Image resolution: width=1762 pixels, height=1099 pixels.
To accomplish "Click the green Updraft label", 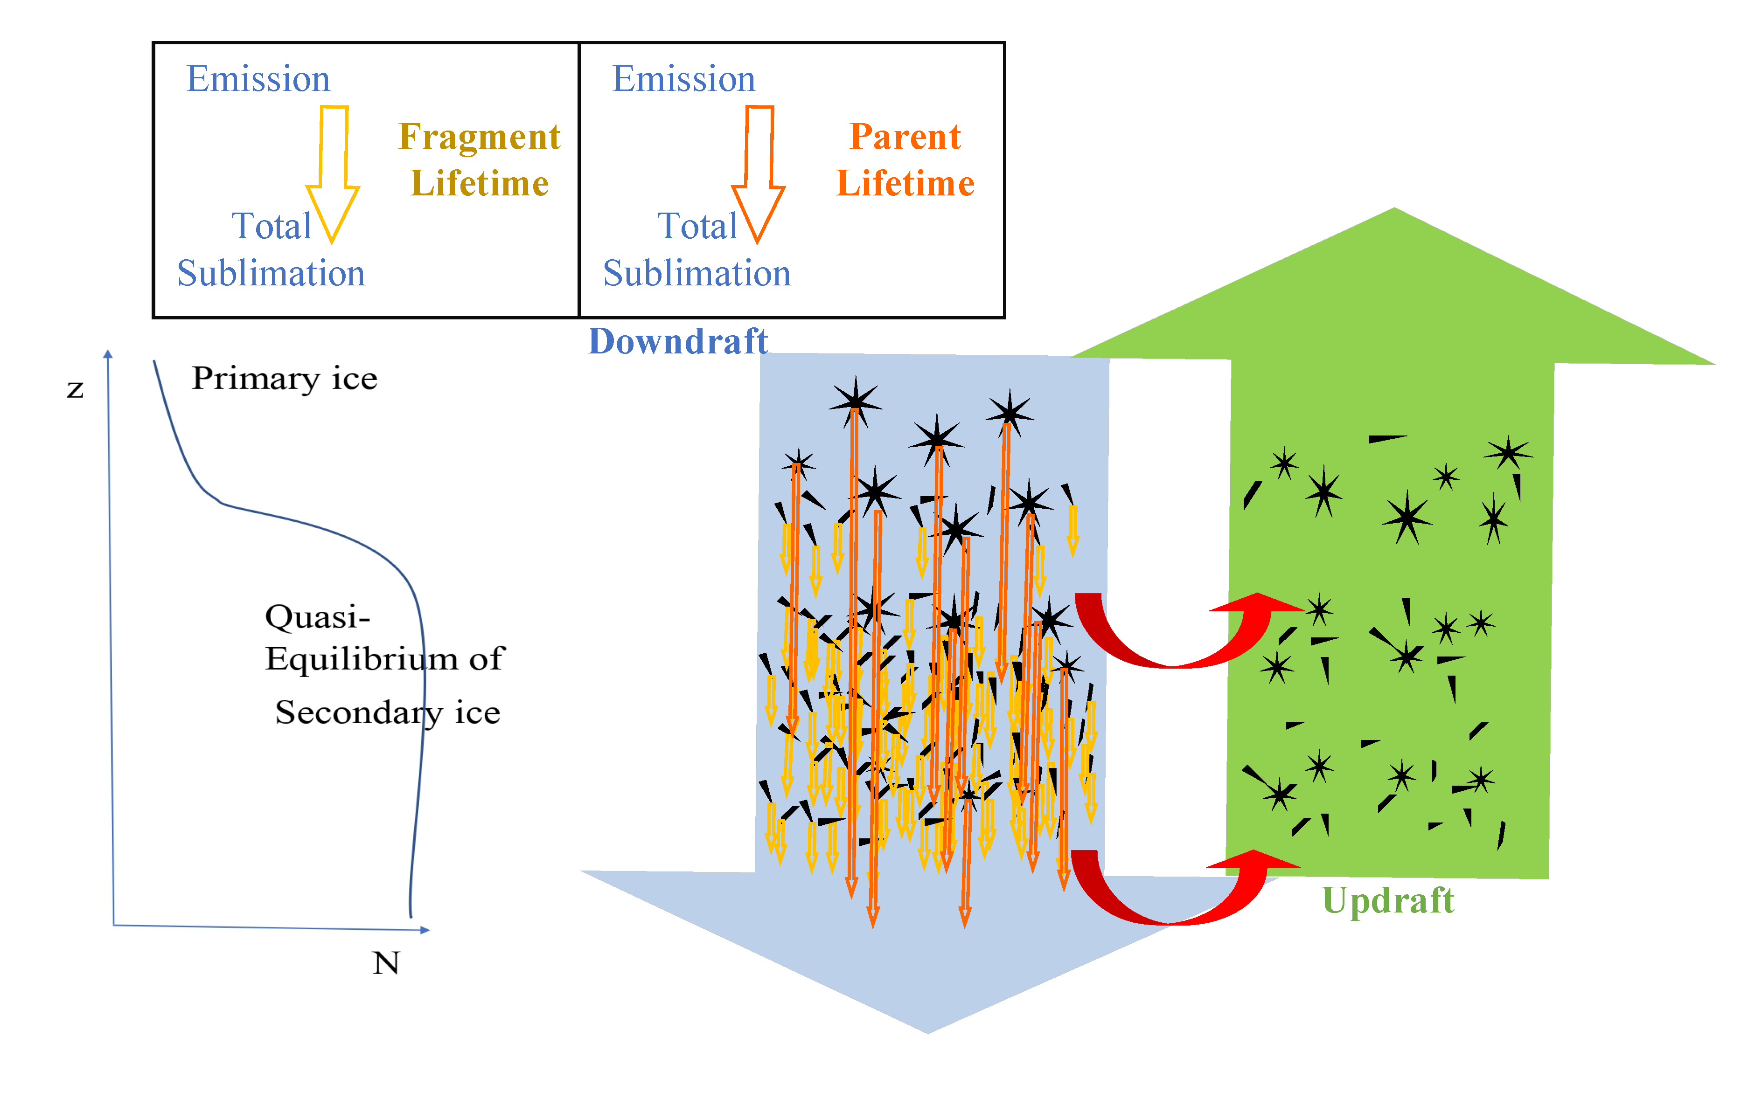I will [x=1387, y=900].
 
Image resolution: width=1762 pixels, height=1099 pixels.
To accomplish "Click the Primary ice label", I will [x=284, y=379].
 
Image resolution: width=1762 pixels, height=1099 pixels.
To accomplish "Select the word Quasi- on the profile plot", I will [x=318, y=617].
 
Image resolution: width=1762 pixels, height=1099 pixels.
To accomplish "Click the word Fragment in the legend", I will [x=480, y=137].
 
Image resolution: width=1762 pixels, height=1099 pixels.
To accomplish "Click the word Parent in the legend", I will [x=905, y=137].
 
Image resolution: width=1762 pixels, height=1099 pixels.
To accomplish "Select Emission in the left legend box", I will [x=258, y=78].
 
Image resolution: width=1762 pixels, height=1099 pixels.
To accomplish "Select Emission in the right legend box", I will [x=683, y=78].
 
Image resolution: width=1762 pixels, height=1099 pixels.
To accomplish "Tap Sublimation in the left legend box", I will [x=271, y=273].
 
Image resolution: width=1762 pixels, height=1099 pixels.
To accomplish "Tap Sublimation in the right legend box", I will [x=696, y=273].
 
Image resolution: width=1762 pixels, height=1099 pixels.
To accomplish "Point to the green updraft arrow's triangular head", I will [x=1393, y=291].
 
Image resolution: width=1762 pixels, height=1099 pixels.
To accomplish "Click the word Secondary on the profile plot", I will [x=358, y=713].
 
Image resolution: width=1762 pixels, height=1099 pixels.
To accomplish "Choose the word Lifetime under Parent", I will [x=905, y=183].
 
